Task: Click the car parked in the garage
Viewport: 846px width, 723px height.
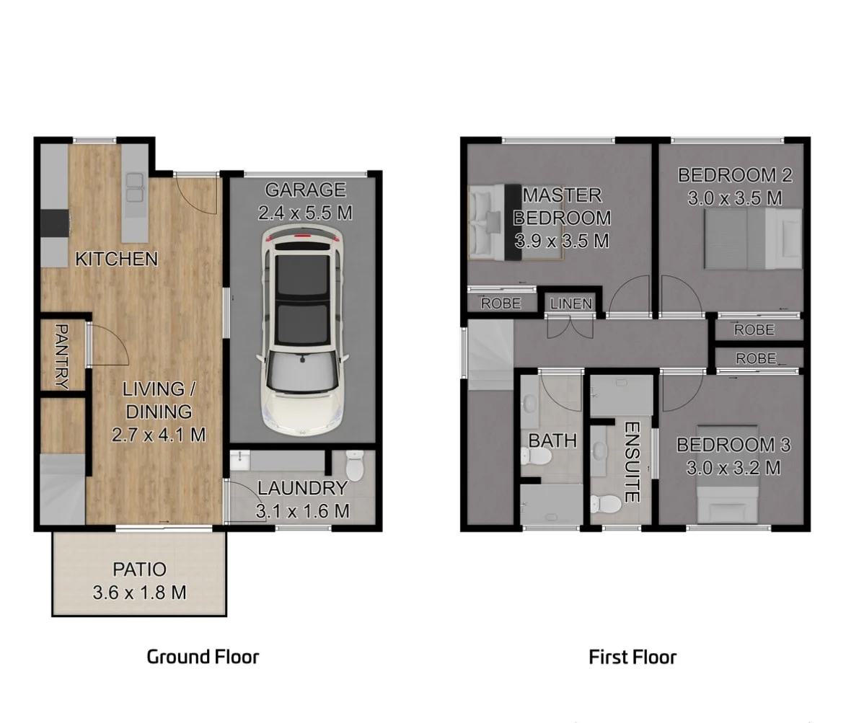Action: pyautogui.click(x=301, y=332)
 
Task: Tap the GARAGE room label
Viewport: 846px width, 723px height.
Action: pyautogui.click(x=305, y=190)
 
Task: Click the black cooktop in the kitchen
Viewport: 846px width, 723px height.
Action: pyautogui.click(x=55, y=223)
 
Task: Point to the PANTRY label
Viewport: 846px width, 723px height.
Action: pyautogui.click(x=61, y=356)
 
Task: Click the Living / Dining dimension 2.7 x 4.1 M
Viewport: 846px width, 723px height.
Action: pyautogui.click(x=158, y=435)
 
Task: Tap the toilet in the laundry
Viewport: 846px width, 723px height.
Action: pyautogui.click(x=355, y=465)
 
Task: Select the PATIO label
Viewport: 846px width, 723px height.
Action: pyautogui.click(x=139, y=570)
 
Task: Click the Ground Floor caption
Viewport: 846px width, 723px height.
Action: pyautogui.click(x=202, y=657)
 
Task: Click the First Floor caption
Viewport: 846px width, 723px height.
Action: pyautogui.click(x=633, y=657)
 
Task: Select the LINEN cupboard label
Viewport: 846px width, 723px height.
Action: pyautogui.click(x=571, y=303)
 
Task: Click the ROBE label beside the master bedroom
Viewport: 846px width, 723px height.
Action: pyautogui.click(x=501, y=303)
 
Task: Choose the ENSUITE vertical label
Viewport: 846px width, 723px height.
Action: pyautogui.click(x=631, y=461)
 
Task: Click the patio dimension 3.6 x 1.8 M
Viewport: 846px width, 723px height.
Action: pyautogui.click(x=139, y=593)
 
